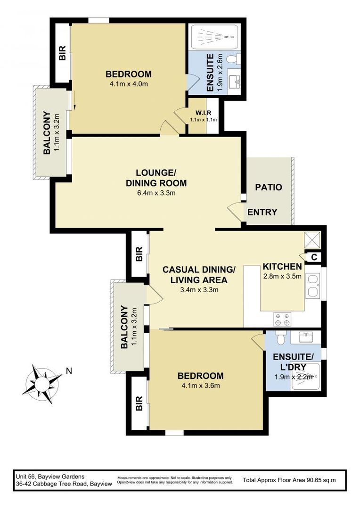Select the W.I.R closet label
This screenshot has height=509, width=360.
pyautogui.click(x=203, y=113)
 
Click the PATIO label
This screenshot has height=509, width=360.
pyautogui.click(x=269, y=187)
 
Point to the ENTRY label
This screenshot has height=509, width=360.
pyautogui.click(x=262, y=212)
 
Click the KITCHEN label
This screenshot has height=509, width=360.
pyautogui.click(x=282, y=266)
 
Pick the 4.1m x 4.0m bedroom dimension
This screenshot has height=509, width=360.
pyautogui.click(x=128, y=84)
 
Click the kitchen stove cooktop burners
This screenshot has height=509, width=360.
pyautogui.click(x=282, y=320)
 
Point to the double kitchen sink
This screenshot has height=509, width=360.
pyautogui.click(x=312, y=285)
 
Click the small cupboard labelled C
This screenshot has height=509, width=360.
pyautogui.click(x=313, y=257)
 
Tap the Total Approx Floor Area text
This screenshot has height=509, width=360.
pyautogui.click(x=289, y=480)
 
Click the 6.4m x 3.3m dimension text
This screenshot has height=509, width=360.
pyautogui.click(x=156, y=193)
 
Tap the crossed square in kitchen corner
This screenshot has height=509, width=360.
pyautogui.click(x=312, y=240)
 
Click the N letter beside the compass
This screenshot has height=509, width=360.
pyautogui.click(x=69, y=371)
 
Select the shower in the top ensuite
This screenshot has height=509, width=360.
pyautogui.click(x=213, y=36)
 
